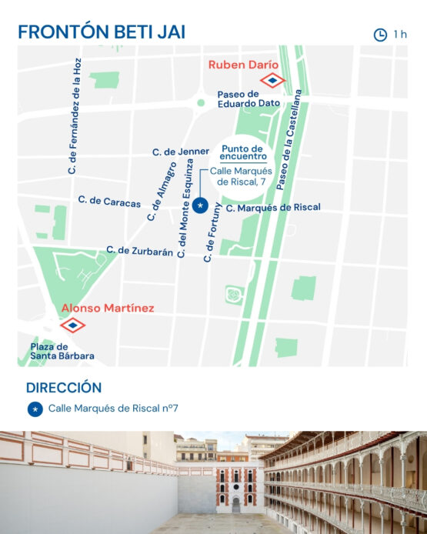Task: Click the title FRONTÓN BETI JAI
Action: pos(102,32)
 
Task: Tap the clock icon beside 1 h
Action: pos(380,35)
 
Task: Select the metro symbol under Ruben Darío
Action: pos(272,80)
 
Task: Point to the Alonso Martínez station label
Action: pos(107,308)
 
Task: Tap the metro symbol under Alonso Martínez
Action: pos(73,325)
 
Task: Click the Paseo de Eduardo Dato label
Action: pos(249,98)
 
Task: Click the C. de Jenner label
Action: pos(181,152)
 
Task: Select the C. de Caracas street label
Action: pos(109,202)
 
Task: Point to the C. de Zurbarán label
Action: pos(139,250)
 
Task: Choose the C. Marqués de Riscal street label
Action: pos(273,208)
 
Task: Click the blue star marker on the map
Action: pos(200,205)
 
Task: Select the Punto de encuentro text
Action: pos(242,152)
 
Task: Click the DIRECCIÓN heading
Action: pos(64,387)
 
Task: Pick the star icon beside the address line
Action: pos(35,409)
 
